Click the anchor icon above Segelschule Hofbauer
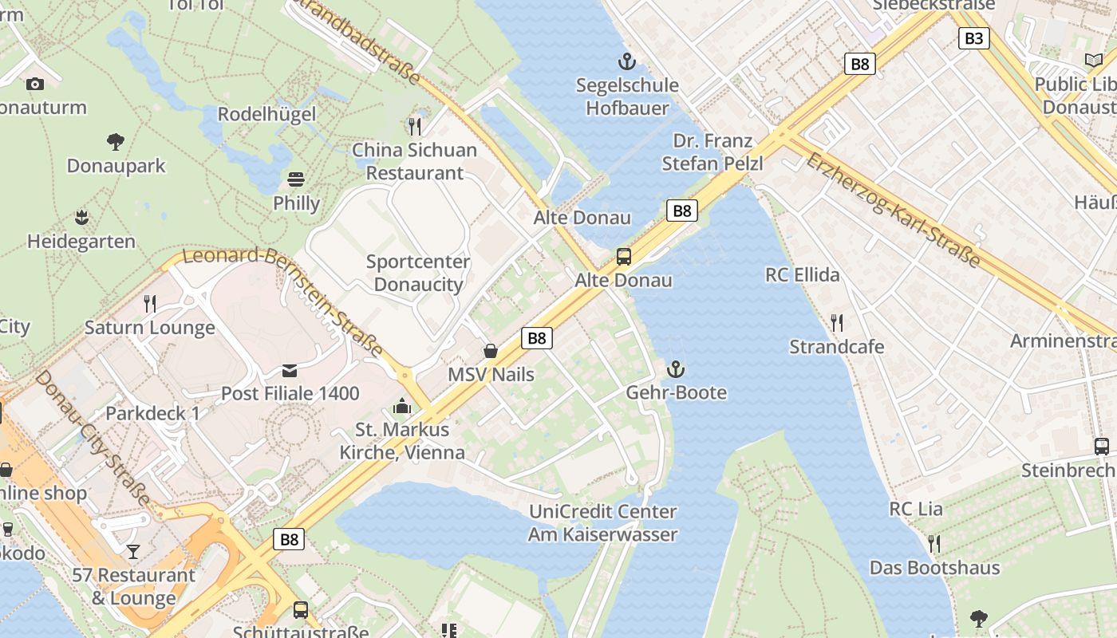point(627,61)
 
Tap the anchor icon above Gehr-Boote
point(676,369)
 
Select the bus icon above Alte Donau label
point(624,257)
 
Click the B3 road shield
point(973,38)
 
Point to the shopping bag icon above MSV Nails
point(491,351)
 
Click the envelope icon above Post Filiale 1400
point(290,370)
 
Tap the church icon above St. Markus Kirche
point(402,407)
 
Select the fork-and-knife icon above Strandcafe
point(836,323)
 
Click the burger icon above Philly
point(296,179)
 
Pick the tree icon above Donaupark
point(116,142)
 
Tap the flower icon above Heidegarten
point(81,217)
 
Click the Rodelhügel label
point(266,114)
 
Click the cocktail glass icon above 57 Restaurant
point(133,551)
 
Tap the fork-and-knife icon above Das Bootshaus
point(933,544)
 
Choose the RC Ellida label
point(802,275)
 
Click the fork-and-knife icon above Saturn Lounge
point(149,303)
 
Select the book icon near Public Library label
point(1093,60)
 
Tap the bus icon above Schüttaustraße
point(301,610)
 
